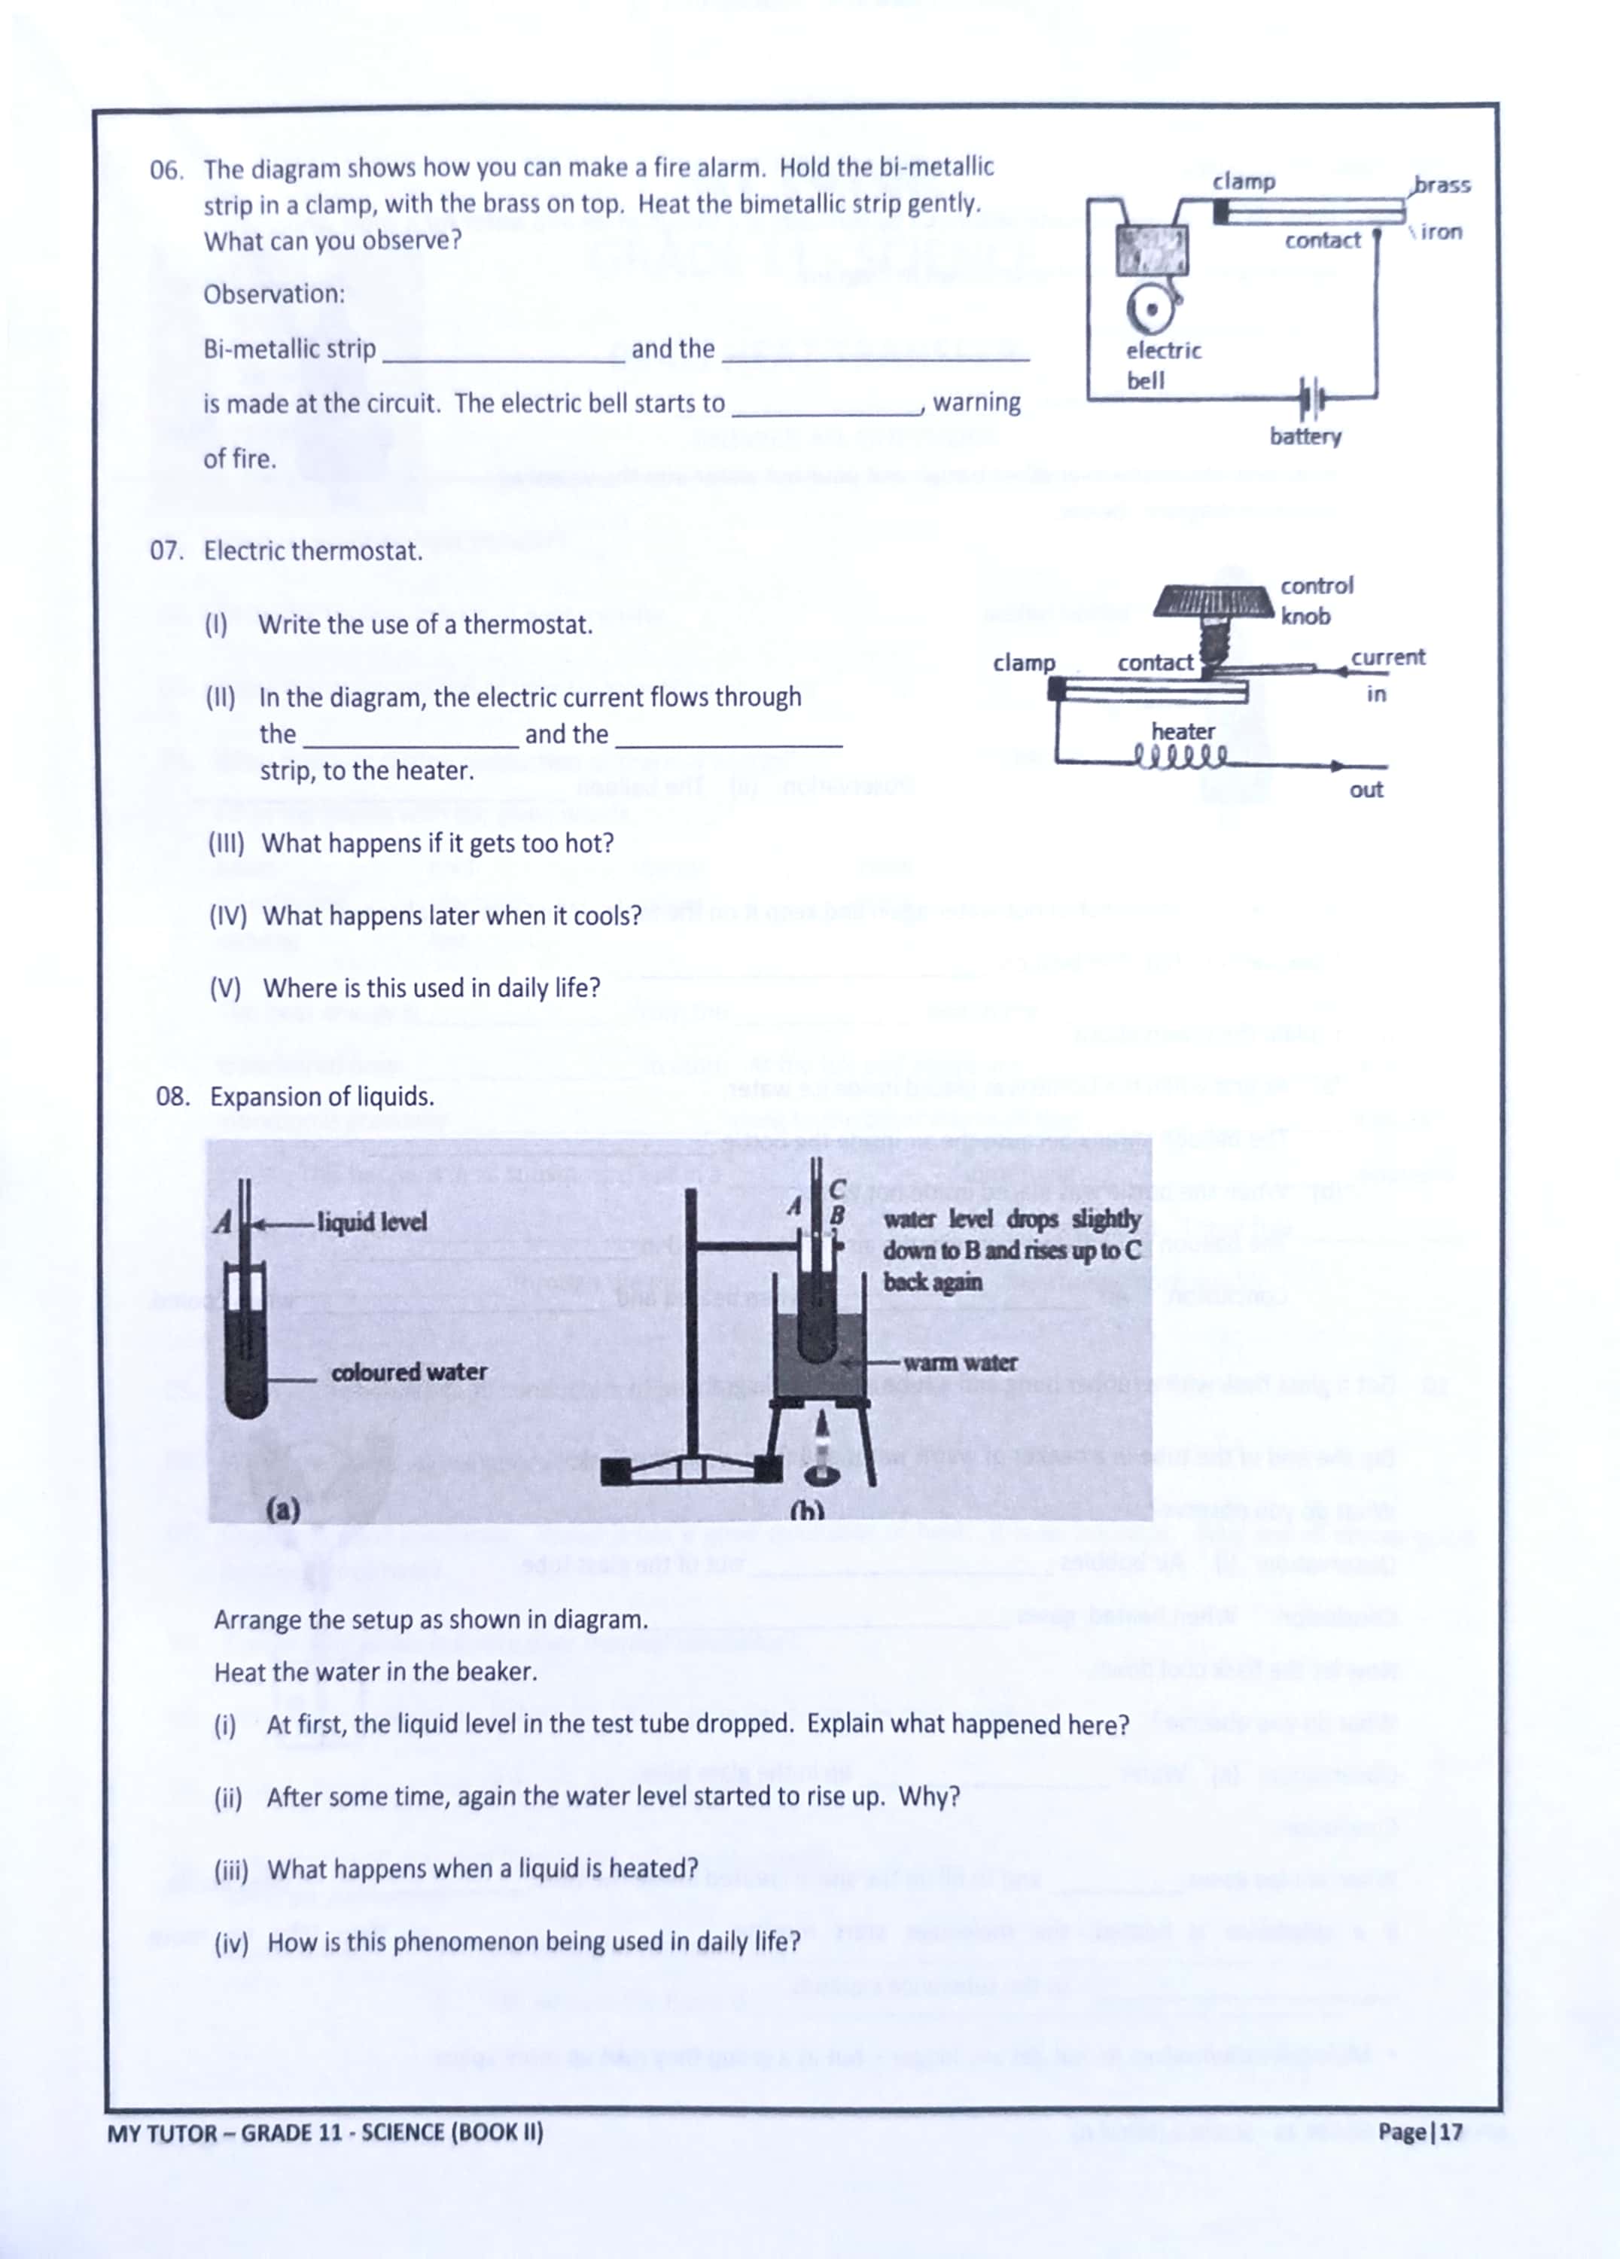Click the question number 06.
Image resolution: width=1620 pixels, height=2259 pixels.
click(x=166, y=170)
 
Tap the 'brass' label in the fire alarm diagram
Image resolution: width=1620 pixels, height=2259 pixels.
click(x=1442, y=184)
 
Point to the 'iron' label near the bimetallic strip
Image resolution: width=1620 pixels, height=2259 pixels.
click(x=1441, y=232)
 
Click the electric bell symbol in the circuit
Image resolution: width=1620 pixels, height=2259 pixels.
click(x=1151, y=308)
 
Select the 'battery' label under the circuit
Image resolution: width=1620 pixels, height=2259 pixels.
click(x=1305, y=436)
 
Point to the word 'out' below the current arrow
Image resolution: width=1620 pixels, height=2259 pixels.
click(x=1366, y=790)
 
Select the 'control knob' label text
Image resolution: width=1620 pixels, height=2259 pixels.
click(x=1317, y=601)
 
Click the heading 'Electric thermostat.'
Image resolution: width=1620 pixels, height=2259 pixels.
click(x=312, y=550)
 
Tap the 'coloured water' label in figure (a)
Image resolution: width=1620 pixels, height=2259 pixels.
click(x=410, y=1373)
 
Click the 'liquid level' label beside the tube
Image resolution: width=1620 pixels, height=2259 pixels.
click(x=371, y=1222)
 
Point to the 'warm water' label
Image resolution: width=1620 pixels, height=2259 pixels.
click(x=960, y=1363)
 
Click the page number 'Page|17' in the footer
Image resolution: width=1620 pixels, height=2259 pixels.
click(x=1420, y=2132)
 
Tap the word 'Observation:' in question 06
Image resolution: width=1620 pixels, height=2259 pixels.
click(x=274, y=294)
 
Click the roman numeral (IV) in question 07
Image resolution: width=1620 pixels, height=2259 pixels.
click(x=228, y=916)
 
